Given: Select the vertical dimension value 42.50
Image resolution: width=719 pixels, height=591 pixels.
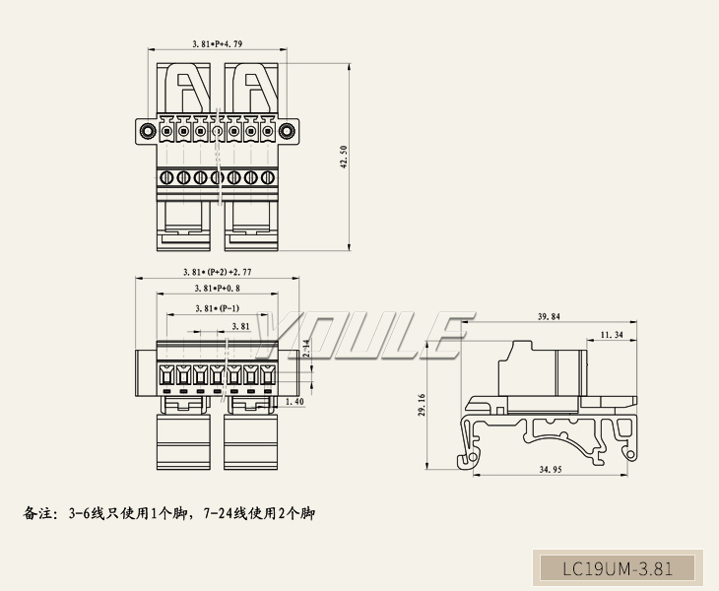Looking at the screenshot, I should click(345, 156).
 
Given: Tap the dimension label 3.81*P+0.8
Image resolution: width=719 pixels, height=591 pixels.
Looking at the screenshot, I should click(217, 289).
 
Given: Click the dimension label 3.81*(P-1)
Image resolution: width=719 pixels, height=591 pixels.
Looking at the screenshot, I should click(217, 308).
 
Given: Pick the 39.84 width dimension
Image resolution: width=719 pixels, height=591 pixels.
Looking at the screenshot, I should click(549, 317).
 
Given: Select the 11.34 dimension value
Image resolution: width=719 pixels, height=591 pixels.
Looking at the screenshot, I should click(611, 336).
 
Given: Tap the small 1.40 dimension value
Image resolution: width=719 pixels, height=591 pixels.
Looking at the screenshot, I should click(294, 403).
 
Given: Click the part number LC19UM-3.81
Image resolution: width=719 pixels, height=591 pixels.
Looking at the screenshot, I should click(617, 568).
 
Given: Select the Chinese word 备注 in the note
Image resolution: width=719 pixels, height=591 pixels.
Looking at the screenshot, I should click(36, 514).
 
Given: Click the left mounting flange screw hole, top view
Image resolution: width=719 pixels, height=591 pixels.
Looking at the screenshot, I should click(147, 131).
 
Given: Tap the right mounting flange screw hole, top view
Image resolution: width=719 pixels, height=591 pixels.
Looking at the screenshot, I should click(287, 131).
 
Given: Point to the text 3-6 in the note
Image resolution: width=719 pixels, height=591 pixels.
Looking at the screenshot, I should click(79, 514).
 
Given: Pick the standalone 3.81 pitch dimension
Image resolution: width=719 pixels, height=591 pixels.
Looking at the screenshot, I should click(239, 326).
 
